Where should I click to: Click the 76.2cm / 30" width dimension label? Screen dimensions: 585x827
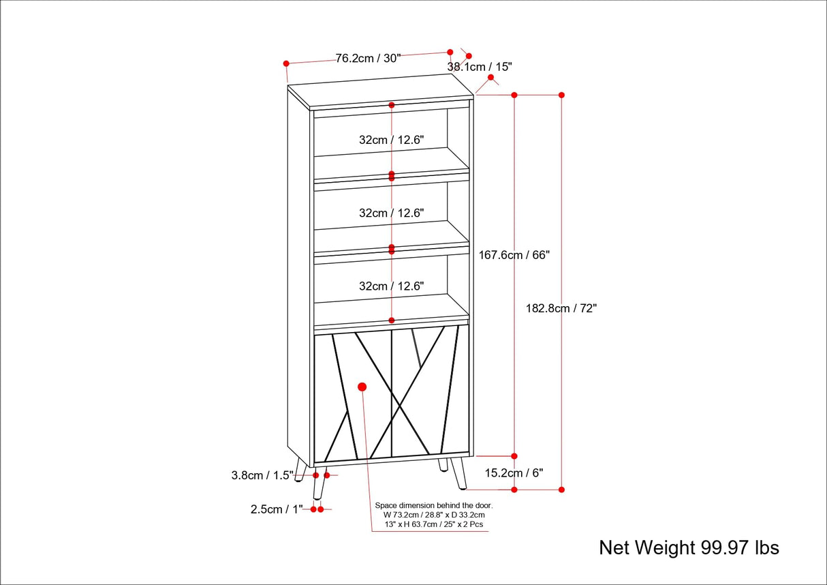point(368,58)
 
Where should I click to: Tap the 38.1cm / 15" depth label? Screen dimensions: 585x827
point(479,67)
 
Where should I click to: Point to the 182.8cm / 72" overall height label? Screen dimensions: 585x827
point(561,308)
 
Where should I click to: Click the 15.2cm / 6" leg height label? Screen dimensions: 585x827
point(514,472)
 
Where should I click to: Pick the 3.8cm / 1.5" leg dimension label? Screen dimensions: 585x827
point(262,476)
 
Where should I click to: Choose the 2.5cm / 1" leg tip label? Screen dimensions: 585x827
point(275,509)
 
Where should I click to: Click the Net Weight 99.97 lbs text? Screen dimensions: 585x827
point(689,547)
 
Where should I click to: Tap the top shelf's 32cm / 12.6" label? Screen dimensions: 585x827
point(392,140)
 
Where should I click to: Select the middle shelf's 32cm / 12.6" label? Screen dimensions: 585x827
point(392,213)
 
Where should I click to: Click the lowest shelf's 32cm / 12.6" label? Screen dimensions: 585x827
point(392,286)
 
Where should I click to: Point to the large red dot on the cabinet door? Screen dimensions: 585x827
point(362,387)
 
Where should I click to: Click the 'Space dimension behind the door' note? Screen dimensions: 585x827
point(433,515)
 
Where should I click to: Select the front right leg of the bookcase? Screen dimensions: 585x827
point(458,473)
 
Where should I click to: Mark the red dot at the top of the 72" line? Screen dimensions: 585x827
point(561,95)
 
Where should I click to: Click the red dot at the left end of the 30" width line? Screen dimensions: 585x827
point(286,63)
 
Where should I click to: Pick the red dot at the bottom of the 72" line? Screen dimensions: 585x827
point(561,489)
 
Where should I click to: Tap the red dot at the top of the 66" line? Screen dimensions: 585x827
point(514,95)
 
